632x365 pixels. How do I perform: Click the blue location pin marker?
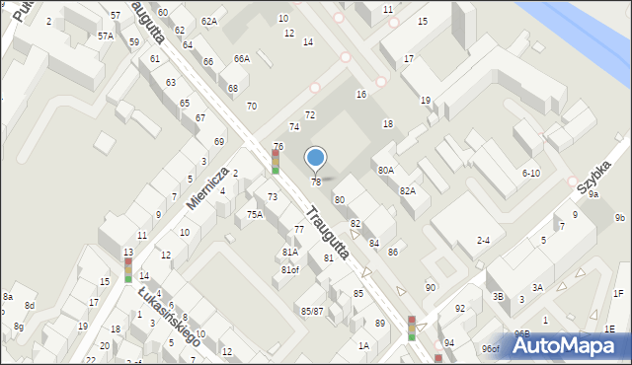point(316,157)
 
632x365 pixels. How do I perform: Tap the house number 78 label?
point(316,182)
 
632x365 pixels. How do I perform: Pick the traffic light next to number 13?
point(127,266)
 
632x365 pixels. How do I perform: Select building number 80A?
point(386,171)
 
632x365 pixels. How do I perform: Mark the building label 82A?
point(407,190)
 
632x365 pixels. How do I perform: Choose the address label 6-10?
point(530,173)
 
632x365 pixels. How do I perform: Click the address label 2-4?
point(484,240)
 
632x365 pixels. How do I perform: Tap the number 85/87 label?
point(312,311)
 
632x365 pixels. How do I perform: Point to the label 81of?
point(289,269)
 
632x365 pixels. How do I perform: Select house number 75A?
point(255,214)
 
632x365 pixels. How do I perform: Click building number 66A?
point(242,59)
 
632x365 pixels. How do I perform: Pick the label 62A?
point(208,21)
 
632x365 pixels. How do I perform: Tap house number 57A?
point(106,36)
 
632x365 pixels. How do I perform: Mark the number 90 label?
point(431,287)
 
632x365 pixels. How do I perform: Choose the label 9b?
point(620,217)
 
